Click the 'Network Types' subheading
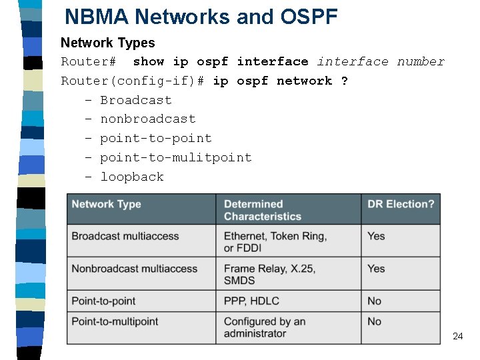tap(107, 43)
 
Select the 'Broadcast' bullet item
tap(135, 100)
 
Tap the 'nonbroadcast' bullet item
tap(147, 119)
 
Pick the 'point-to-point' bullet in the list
tap(155, 138)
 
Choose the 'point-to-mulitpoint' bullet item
tap(175, 157)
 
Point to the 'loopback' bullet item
tap(131, 177)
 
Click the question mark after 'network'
tap(344, 81)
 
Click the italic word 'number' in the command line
tap(421, 61)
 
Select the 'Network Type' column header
tap(106, 204)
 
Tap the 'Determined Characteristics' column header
tap(262, 210)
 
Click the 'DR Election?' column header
tap(400, 204)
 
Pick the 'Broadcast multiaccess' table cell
tap(125, 236)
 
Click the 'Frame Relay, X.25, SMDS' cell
tap(269, 274)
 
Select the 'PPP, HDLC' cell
tap(251, 301)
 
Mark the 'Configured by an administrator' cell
tap(264, 327)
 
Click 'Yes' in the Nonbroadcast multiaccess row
tap(376, 268)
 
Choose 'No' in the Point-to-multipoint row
tap(374, 321)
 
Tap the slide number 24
tap(457, 336)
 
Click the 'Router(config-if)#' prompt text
tap(133, 81)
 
